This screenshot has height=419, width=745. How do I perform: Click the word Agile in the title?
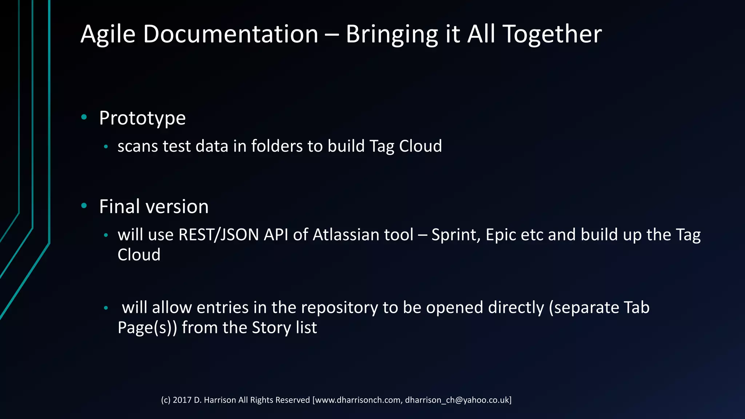coord(108,35)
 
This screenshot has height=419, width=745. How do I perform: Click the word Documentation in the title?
coord(231,35)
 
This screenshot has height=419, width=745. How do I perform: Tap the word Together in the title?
coord(552,35)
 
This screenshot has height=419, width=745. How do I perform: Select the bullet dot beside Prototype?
coord(84,117)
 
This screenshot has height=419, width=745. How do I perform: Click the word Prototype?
coord(142,118)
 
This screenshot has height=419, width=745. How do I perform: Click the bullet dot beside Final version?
coord(84,206)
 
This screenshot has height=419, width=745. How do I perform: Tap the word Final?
coord(119,207)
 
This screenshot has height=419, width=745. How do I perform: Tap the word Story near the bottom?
coord(271,327)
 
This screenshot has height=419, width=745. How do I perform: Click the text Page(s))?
coord(147,328)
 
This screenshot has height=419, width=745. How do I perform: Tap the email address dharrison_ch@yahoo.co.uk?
coord(457,400)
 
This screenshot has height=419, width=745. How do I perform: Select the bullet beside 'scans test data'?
coord(106,147)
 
